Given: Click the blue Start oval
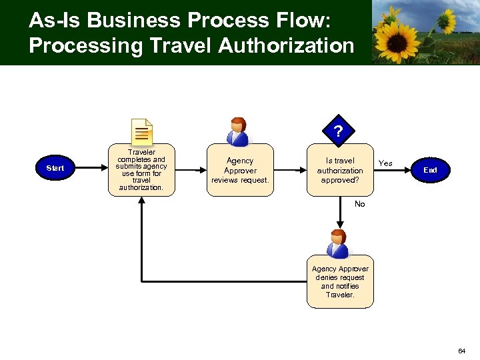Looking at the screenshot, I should click(55, 168).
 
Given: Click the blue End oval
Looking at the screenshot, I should click(430, 170).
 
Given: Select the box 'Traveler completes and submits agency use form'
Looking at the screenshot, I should click(141, 170).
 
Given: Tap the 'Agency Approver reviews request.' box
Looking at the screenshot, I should click(240, 170).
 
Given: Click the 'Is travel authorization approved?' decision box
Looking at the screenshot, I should click(340, 170).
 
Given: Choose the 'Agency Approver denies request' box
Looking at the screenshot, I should click(340, 281).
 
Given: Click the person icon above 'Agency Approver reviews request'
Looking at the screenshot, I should click(238, 131).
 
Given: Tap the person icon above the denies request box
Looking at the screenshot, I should click(339, 243).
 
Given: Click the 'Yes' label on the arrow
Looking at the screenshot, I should click(385, 163).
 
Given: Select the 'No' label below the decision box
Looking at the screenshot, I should click(360, 204).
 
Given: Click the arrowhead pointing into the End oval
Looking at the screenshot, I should click(408, 170).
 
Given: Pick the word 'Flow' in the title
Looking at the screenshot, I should click(300, 20).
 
